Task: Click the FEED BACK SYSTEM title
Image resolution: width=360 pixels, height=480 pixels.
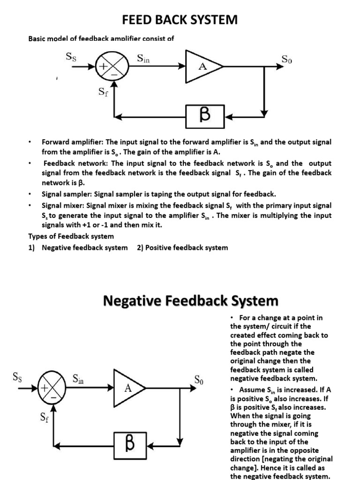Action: pyautogui.click(x=180, y=20)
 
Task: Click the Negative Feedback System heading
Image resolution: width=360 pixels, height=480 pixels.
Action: pyautogui.click(x=190, y=300)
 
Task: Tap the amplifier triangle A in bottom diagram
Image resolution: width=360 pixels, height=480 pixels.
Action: pyautogui.click(x=128, y=389)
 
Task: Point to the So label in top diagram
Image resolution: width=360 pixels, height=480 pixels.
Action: pyautogui.click(x=287, y=59)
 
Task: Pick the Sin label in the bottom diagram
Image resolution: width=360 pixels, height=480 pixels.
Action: pyautogui.click(x=78, y=379)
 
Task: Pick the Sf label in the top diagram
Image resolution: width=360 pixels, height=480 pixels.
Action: pyautogui.click(x=103, y=92)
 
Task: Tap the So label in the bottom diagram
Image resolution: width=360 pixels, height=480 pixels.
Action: pyautogui.click(x=199, y=380)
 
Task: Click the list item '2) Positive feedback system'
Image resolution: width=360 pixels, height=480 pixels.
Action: pyautogui.click(x=182, y=247)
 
